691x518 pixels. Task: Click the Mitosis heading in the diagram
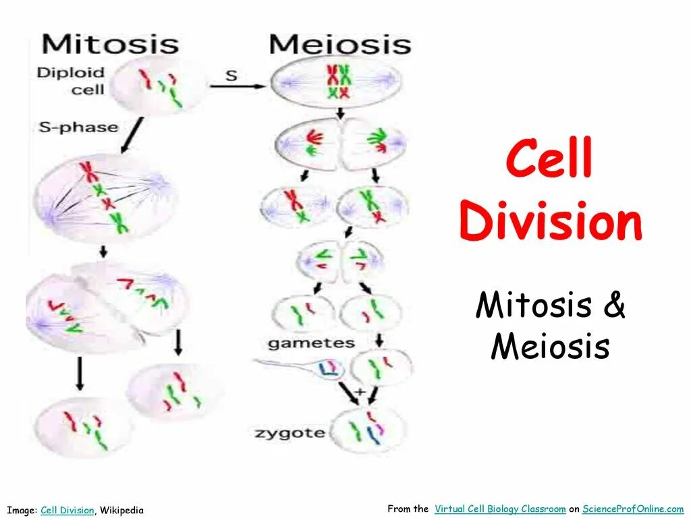(x=110, y=45)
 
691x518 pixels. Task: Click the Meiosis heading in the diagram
(x=339, y=45)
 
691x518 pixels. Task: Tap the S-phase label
(x=78, y=127)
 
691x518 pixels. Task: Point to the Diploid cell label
(x=71, y=80)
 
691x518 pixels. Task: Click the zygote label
(x=290, y=432)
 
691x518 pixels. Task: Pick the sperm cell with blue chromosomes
(x=329, y=368)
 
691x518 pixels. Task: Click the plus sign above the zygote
(x=360, y=391)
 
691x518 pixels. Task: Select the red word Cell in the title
(x=550, y=161)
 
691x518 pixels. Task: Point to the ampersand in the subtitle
(x=615, y=305)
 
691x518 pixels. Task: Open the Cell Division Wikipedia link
(x=67, y=511)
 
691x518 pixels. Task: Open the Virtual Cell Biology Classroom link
(x=500, y=509)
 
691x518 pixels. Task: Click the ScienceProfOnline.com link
(x=633, y=509)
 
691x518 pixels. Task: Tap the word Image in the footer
(x=22, y=511)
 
